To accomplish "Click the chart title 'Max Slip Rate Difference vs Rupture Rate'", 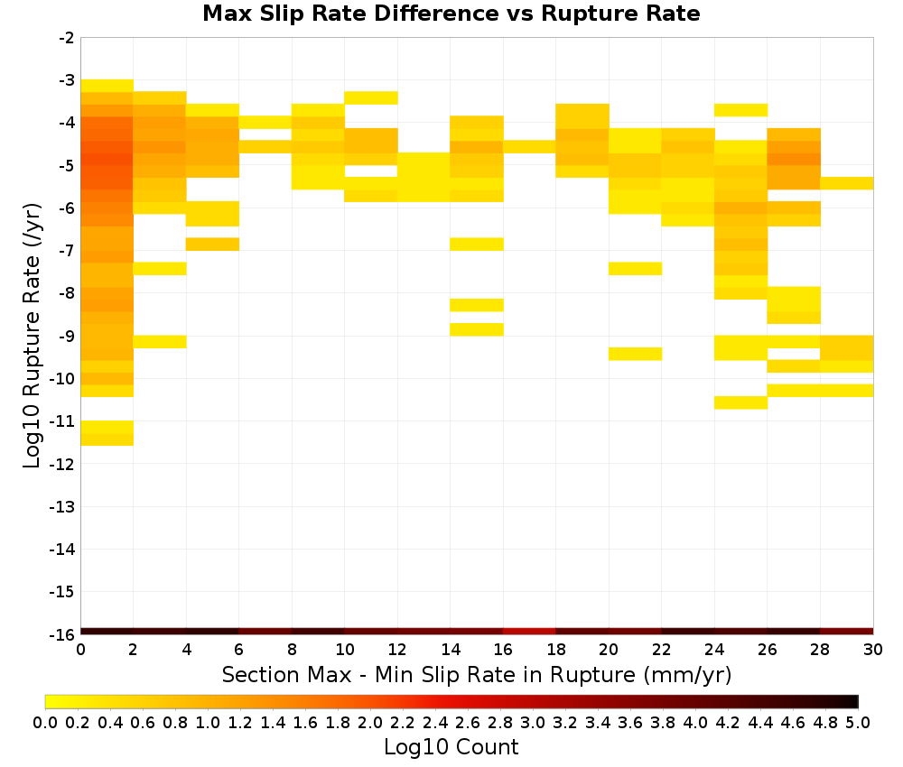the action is (451, 13).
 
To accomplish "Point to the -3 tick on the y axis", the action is (79, 80).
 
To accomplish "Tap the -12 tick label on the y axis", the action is (62, 464).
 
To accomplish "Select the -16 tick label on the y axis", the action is (62, 634).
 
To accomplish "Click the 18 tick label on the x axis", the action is (555, 650).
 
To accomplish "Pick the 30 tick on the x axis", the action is (873, 636).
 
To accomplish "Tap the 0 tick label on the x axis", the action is (80, 650).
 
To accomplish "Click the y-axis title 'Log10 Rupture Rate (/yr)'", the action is (32, 336).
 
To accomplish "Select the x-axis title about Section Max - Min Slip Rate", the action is (476, 674).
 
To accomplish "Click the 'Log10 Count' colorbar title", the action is (451, 747).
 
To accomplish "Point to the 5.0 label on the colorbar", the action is (858, 722).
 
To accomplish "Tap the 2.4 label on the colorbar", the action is (435, 722).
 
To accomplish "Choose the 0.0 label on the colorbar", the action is (45, 722).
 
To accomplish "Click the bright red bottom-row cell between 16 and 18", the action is (529, 632).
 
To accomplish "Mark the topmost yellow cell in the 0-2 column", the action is (107, 86).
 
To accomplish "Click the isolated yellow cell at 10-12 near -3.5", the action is (371, 97).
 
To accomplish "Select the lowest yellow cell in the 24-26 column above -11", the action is (740, 402).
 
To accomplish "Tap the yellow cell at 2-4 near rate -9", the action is (160, 342).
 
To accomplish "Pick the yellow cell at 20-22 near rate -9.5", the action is (635, 354).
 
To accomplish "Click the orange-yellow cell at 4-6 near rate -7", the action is (212, 244).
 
